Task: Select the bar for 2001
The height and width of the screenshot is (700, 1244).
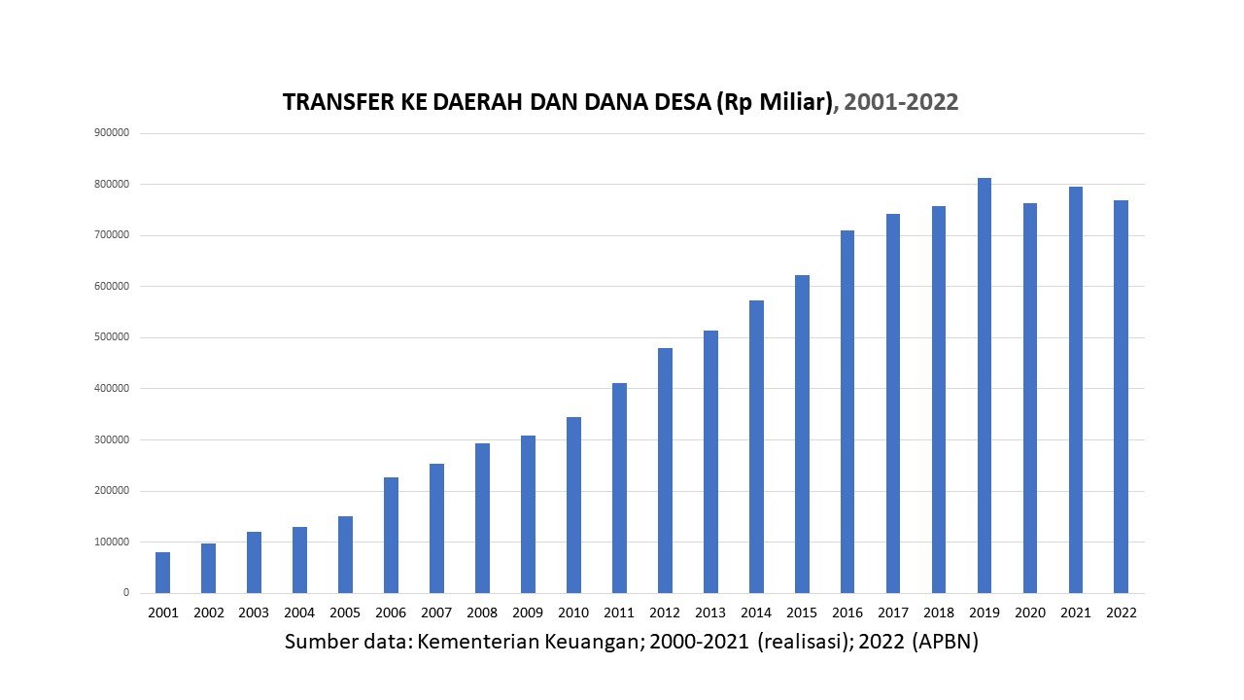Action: (162, 573)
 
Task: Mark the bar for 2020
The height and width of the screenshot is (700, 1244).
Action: (1030, 398)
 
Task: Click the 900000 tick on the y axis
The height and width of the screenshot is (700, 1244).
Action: (113, 133)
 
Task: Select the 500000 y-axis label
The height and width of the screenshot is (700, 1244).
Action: (113, 337)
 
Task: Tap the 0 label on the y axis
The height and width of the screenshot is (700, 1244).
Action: (126, 593)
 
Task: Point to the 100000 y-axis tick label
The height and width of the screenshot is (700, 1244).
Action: (113, 542)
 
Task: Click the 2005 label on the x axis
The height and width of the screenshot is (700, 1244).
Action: (345, 613)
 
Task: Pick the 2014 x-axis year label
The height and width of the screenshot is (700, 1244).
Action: (756, 613)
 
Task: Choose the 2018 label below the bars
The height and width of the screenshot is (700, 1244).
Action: (939, 613)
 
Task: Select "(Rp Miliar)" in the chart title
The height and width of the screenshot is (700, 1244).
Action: (774, 103)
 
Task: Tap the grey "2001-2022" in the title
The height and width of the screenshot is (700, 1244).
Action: (901, 103)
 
